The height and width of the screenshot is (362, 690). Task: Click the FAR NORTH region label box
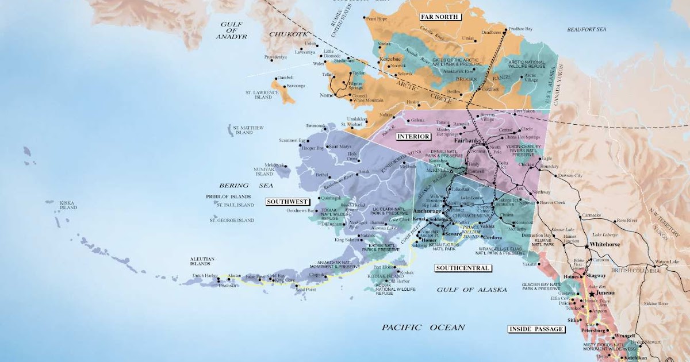(440, 17)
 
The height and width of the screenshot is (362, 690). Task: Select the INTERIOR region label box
(413, 136)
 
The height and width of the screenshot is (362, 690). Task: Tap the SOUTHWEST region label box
(287, 202)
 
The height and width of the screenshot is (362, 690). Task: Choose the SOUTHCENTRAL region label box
(462, 268)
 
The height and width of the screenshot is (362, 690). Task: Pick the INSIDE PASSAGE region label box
(535, 329)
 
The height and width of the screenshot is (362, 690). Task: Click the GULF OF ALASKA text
(471, 290)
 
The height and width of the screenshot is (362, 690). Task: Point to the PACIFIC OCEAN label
(423, 328)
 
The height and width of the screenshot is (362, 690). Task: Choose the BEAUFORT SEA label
(586, 29)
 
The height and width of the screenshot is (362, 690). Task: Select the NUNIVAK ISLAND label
(264, 171)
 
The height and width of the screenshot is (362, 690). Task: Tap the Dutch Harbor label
(205, 276)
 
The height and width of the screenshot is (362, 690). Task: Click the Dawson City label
(570, 175)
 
